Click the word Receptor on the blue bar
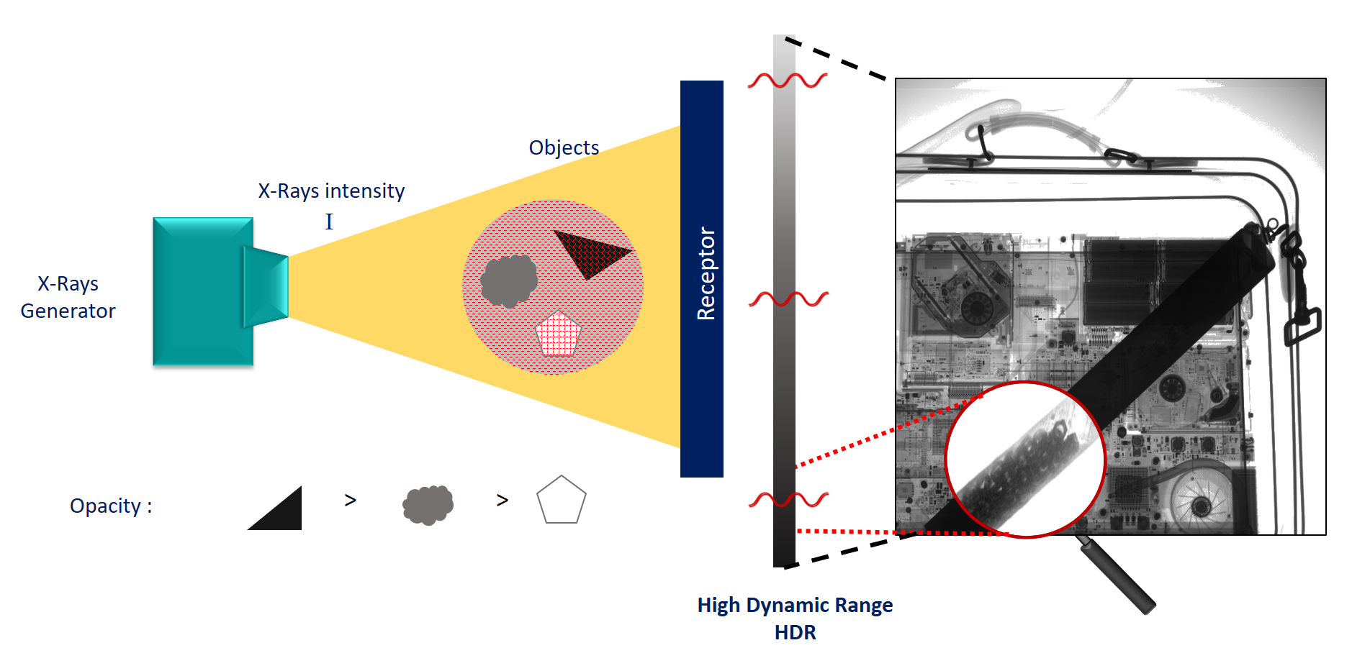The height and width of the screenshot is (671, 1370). [x=706, y=274]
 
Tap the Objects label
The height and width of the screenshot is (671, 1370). [x=564, y=147]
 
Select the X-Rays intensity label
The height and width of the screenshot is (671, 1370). [x=331, y=191]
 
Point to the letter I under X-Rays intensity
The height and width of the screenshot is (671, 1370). [x=329, y=222]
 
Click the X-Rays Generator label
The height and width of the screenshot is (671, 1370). [x=68, y=297]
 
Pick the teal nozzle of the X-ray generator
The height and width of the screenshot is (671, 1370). [x=266, y=287]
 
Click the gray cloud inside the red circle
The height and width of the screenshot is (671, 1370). [x=508, y=280]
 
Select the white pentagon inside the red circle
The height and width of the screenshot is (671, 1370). [x=558, y=334]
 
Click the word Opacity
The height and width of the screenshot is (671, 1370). [x=106, y=506]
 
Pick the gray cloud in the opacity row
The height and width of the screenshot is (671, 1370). [x=428, y=505]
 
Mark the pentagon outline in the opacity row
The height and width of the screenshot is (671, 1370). [x=562, y=501]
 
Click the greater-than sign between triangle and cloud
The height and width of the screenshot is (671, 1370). [x=351, y=500]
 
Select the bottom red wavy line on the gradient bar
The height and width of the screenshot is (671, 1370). [x=788, y=499]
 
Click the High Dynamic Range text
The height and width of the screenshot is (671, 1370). [x=795, y=606]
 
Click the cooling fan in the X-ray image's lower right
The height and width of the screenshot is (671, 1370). [x=1199, y=503]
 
